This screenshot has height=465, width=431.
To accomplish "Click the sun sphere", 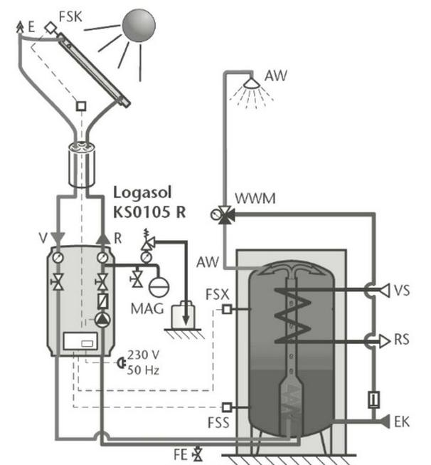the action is coord(139,25).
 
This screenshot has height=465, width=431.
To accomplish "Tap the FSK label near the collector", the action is coord(70,16).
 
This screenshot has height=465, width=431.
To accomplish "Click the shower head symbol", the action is coord(252,83).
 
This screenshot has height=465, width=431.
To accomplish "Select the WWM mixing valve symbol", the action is coord(224,214).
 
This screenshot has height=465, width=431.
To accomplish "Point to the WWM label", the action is coord(255,199).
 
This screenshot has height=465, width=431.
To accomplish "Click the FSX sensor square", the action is coord(227,309).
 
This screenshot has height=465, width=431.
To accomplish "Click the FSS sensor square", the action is coord(227,407).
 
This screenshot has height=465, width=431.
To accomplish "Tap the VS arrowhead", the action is coord(384,290).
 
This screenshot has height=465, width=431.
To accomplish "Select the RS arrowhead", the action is coord(385,341).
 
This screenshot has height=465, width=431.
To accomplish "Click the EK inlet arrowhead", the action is coord(384,422).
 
